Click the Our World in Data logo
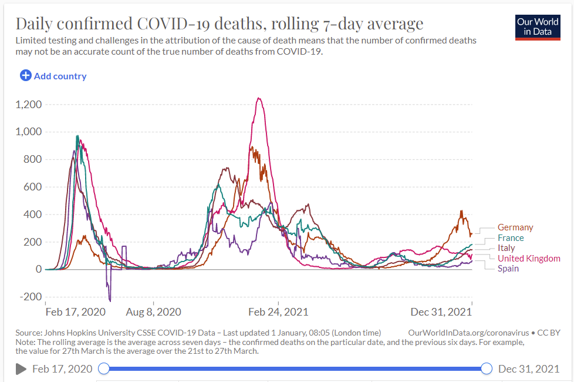click(538, 27)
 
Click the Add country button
click(53, 76)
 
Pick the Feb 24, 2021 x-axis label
click(278, 311)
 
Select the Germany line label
click(515, 227)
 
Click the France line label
click(511, 238)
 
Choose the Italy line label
click(506, 248)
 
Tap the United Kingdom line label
click(529, 259)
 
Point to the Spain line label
click(508, 269)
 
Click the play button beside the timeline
click(21, 368)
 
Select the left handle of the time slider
click(104, 368)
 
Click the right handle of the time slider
click(486, 368)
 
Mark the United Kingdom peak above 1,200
click(259, 98)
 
